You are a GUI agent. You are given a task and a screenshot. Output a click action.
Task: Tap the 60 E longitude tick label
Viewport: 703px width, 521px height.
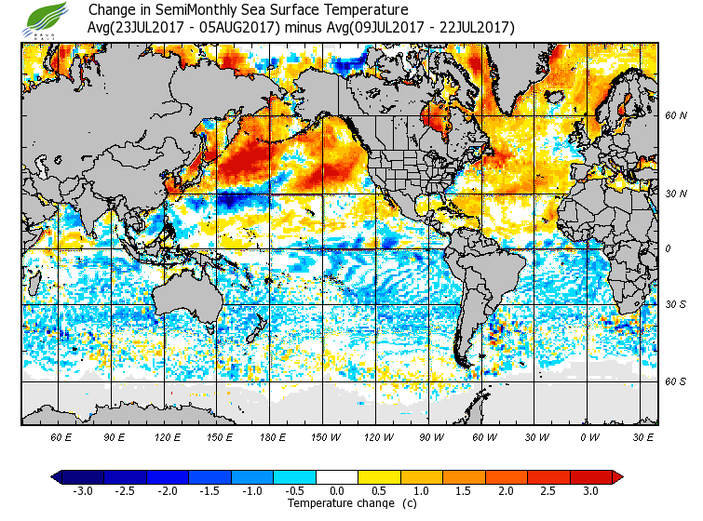(x=61, y=436)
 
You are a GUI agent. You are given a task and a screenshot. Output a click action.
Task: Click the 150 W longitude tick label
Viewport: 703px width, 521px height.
(x=327, y=436)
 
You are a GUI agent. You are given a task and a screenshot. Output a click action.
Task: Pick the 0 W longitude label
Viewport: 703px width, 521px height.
(x=588, y=436)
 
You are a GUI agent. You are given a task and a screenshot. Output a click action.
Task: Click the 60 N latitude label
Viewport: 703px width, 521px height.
(x=675, y=116)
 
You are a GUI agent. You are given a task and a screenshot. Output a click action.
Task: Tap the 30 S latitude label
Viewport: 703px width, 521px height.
(x=675, y=304)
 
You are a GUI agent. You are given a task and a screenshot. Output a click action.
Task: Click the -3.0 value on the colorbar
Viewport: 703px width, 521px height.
(x=83, y=490)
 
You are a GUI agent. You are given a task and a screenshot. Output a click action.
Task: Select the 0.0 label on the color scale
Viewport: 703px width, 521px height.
(x=337, y=490)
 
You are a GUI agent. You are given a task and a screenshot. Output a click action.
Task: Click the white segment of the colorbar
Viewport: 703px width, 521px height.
(x=337, y=477)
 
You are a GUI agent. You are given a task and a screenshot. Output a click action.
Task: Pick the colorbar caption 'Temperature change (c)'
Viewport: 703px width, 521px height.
(x=338, y=503)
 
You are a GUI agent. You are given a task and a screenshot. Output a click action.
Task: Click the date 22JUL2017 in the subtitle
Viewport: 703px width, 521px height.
(x=473, y=27)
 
